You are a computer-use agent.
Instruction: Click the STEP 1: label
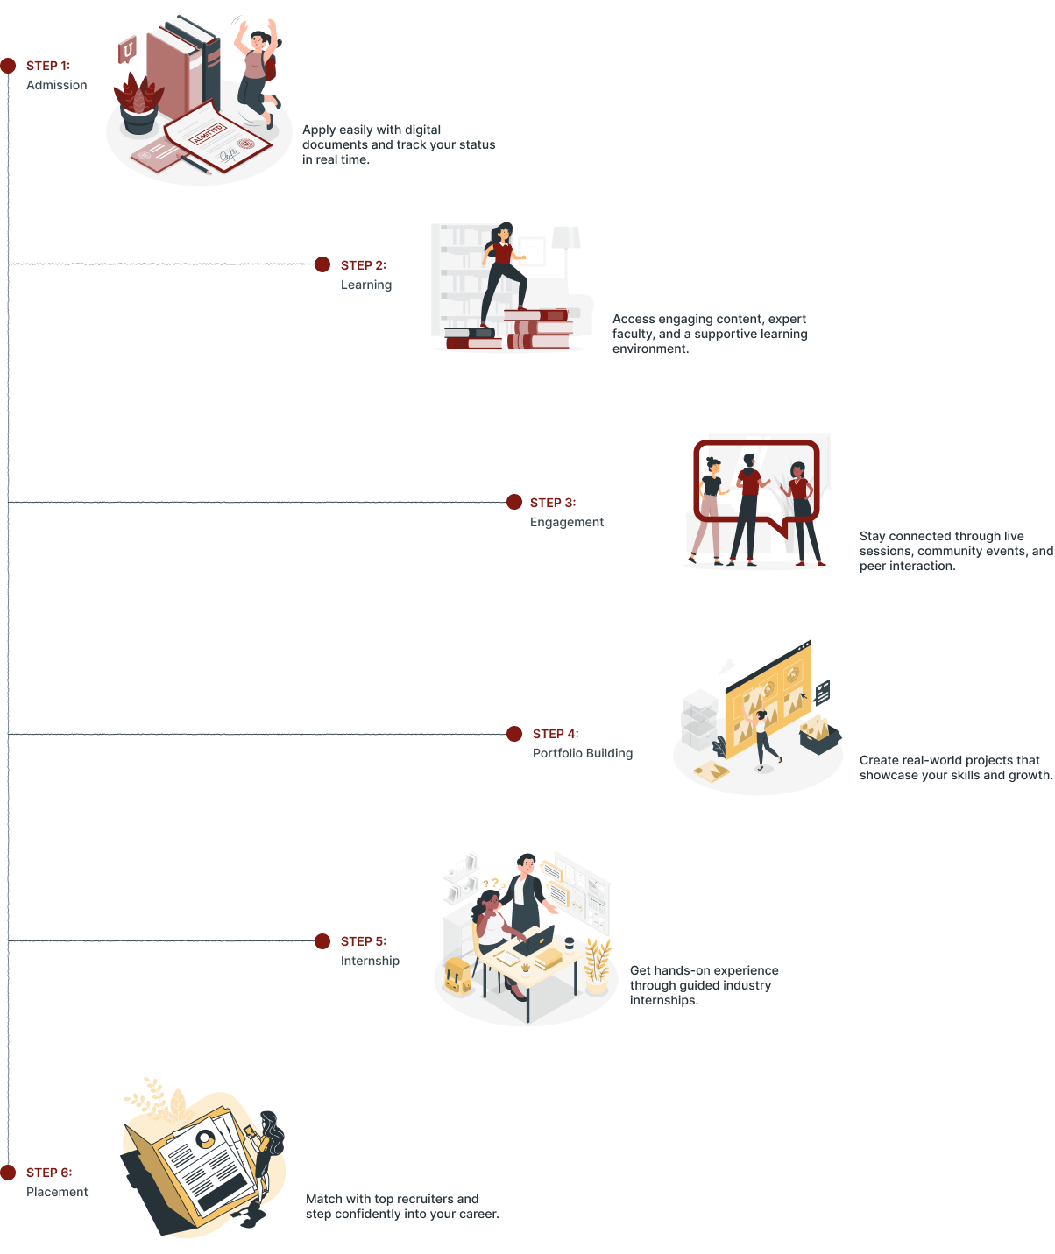pos(48,66)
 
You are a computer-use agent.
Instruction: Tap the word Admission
pos(57,85)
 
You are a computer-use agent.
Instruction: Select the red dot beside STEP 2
pos(322,264)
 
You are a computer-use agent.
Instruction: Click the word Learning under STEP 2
pos(366,285)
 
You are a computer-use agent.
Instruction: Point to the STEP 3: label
pos(553,503)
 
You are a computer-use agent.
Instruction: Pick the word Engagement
pos(567,522)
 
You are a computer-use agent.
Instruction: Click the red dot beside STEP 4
pos(514,734)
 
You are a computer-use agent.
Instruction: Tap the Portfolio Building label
pos(583,753)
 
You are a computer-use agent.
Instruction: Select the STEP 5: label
pos(364,941)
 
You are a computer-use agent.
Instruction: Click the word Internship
pos(370,961)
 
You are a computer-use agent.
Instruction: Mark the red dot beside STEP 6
pos(8,1173)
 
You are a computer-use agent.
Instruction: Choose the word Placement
pos(57,1192)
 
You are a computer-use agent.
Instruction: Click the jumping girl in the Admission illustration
pos(256,70)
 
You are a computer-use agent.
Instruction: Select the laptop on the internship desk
pos(536,940)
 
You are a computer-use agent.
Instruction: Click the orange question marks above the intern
pos(493,884)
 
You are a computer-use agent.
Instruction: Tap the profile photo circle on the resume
pos(206,1138)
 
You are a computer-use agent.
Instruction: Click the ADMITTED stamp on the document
pos(208,133)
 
